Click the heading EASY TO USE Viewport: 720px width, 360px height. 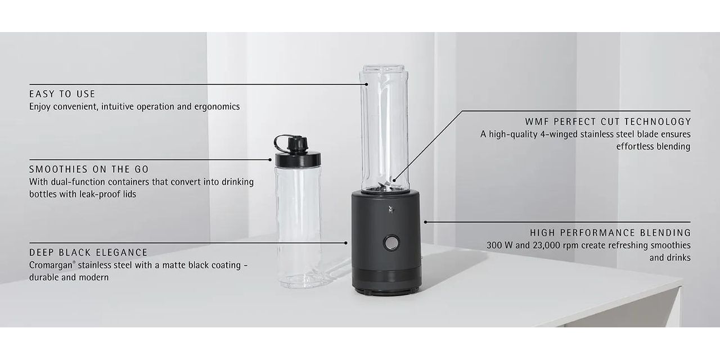click(62, 94)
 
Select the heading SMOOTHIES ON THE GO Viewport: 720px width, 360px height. click(89, 169)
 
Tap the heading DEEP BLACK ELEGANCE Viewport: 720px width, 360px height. click(88, 253)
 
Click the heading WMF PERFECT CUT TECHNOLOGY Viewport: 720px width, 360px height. click(608, 121)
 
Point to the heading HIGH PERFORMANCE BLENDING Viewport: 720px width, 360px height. click(610, 232)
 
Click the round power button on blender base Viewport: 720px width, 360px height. click(391, 242)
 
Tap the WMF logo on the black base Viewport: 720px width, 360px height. click(391, 209)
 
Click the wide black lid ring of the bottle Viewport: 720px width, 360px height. click(298, 159)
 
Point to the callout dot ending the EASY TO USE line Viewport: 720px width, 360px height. click(366, 84)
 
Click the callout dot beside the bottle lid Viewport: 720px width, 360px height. click(270, 159)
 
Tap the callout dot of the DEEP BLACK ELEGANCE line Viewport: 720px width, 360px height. click(346, 243)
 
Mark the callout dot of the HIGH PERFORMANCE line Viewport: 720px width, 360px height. click(426, 222)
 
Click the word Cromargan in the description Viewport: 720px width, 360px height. click(51, 265)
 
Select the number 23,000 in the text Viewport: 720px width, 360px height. click(548, 245)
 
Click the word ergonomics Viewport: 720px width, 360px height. click(217, 107)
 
